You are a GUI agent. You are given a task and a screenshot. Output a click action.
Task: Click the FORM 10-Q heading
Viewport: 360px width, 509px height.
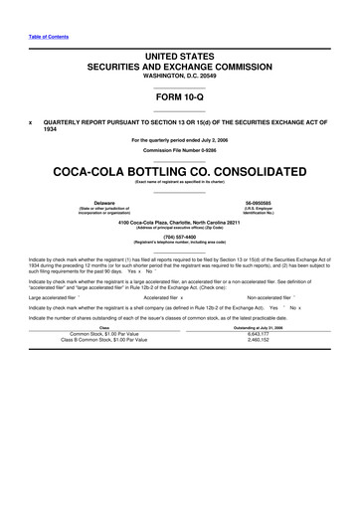coord(179,96)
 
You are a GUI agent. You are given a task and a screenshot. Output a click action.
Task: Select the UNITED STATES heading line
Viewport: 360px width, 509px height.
coord(179,61)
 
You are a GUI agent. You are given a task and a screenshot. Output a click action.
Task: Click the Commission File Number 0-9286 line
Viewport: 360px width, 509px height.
coord(179,150)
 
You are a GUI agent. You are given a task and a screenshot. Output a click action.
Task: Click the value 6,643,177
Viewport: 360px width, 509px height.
coord(259,333)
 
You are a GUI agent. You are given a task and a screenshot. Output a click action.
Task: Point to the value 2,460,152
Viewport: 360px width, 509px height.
coord(259,340)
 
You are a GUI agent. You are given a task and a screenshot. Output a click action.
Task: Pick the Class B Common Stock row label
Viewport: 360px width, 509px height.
coord(102,340)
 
